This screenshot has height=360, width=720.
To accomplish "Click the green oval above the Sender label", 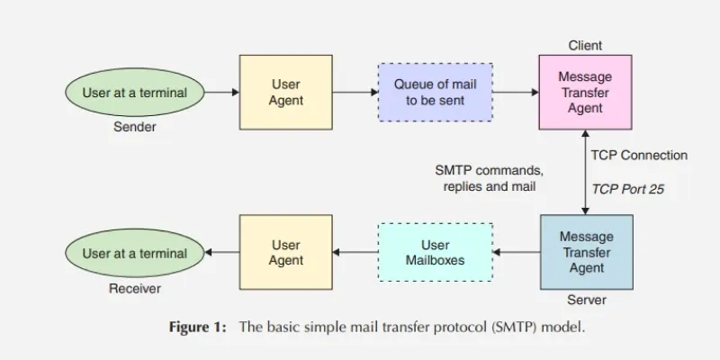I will [x=135, y=92].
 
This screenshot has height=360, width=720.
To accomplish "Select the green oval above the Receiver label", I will [x=135, y=253].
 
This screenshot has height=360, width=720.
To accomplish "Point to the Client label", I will [x=585, y=45].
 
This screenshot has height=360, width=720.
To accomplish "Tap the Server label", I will [x=586, y=300].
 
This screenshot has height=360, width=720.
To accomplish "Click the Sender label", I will [x=135, y=127].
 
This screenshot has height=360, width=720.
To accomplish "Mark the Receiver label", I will [x=135, y=289].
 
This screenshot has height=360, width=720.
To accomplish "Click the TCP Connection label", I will [x=638, y=156].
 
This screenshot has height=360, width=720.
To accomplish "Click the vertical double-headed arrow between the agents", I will [x=586, y=173].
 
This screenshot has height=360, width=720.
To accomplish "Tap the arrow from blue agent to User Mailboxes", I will [x=515, y=253].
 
